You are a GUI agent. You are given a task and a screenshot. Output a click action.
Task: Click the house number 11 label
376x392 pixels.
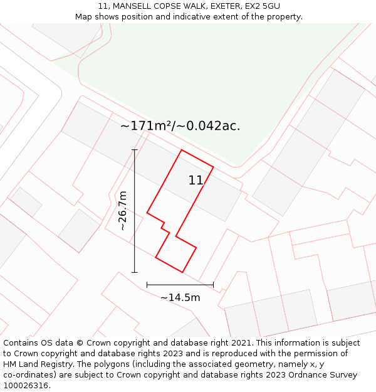pos(196,181)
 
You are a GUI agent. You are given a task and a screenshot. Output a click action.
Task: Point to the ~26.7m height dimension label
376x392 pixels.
pos(123,211)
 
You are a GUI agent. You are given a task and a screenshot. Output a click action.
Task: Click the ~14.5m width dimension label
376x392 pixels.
pos(180,297)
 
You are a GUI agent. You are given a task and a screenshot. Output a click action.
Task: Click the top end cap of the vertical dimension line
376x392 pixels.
pos(134,150)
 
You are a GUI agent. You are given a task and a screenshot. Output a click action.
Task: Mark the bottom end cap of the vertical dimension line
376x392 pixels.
pos(134,272)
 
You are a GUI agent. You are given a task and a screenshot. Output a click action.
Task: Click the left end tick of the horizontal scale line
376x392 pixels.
pos(147,285)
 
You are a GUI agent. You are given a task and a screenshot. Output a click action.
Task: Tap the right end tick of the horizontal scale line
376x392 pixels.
pos(214,285)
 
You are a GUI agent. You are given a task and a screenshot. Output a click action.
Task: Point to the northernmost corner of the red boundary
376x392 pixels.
pos(182,150)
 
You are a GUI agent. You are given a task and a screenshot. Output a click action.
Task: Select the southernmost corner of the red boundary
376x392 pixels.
pos(182,272)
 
